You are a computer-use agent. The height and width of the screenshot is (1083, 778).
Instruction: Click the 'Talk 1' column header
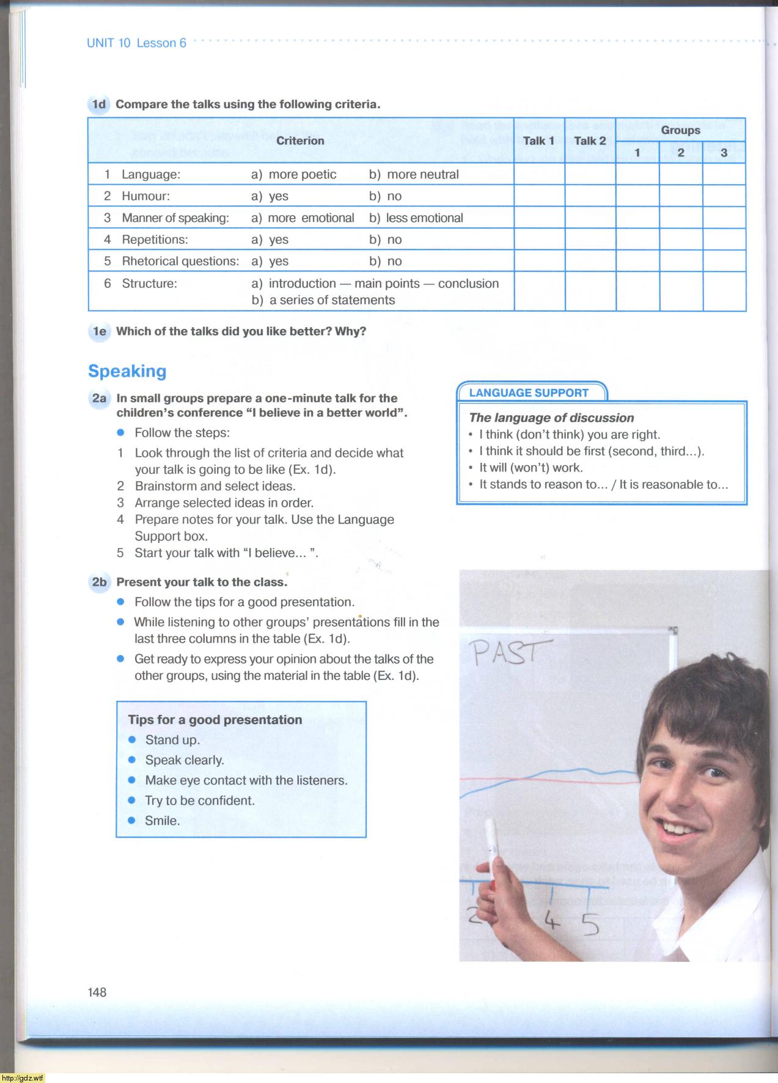point(538,141)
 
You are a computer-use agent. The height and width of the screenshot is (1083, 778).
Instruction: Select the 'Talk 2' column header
point(590,141)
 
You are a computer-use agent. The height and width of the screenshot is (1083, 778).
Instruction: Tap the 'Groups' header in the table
point(680,130)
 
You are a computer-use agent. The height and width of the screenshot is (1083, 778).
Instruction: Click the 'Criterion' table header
point(300,141)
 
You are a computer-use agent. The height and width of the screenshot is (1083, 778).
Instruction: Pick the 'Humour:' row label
point(145,196)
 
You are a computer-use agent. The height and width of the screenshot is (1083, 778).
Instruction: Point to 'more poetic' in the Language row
point(302,174)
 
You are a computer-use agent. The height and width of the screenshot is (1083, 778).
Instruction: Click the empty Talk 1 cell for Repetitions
point(539,239)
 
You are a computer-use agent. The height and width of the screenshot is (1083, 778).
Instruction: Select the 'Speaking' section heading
point(127,371)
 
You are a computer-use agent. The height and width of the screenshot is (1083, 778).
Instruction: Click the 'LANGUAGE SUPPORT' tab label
point(529,393)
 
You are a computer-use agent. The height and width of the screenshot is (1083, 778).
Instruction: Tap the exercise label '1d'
point(98,104)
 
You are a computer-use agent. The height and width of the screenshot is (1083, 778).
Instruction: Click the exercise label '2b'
point(99,582)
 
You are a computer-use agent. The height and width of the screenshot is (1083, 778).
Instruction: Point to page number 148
point(97,992)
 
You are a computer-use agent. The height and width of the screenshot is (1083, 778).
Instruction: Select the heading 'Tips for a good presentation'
point(215,720)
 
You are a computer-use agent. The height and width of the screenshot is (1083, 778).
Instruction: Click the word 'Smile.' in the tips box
point(163,821)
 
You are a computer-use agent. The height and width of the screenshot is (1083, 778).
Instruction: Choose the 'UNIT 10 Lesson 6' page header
point(136,43)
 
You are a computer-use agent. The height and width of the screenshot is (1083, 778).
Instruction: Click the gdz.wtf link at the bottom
point(23,1077)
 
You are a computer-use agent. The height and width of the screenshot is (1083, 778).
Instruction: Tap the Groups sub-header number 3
point(724,153)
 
